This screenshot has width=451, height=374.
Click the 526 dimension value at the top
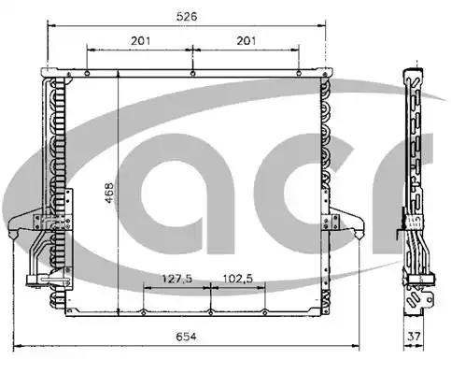click(x=187, y=16)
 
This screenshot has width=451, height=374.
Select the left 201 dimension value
click(x=140, y=40)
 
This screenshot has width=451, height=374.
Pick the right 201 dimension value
click(x=247, y=40)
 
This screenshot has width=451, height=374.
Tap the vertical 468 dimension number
click(x=109, y=193)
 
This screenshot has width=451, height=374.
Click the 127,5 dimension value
click(x=177, y=279)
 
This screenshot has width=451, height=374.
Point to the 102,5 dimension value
click(x=238, y=279)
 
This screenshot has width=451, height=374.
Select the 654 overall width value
click(x=187, y=337)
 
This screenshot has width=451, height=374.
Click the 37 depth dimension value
click(x=414, y=337)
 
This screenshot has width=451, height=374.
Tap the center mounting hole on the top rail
click(x=193, y=73)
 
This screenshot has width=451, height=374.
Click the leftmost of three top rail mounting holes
click(x=87, y=73)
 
